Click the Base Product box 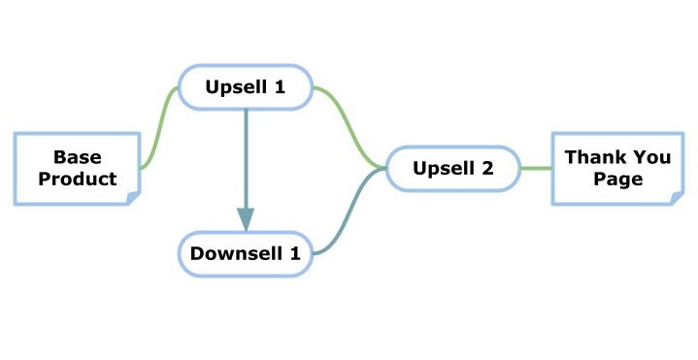(78, 169)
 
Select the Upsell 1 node (246, 87)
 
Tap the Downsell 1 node (246, 253)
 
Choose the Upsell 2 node (453, 169)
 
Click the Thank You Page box (617, 169)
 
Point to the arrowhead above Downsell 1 (246, 219)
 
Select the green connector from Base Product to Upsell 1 (160, 128)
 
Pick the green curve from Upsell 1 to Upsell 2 (349, 128)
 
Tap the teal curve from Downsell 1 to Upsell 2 (349, 211)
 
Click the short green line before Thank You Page (536, 169)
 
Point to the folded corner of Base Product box (134, 199)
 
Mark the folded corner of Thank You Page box (677, 199)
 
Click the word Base (78, 157)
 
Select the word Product (78, 179)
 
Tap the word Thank (589, 157)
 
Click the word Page (617, 180)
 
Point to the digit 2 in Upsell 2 (487, 168)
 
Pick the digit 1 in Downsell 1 (295, 253)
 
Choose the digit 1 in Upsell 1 (280, 87)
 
